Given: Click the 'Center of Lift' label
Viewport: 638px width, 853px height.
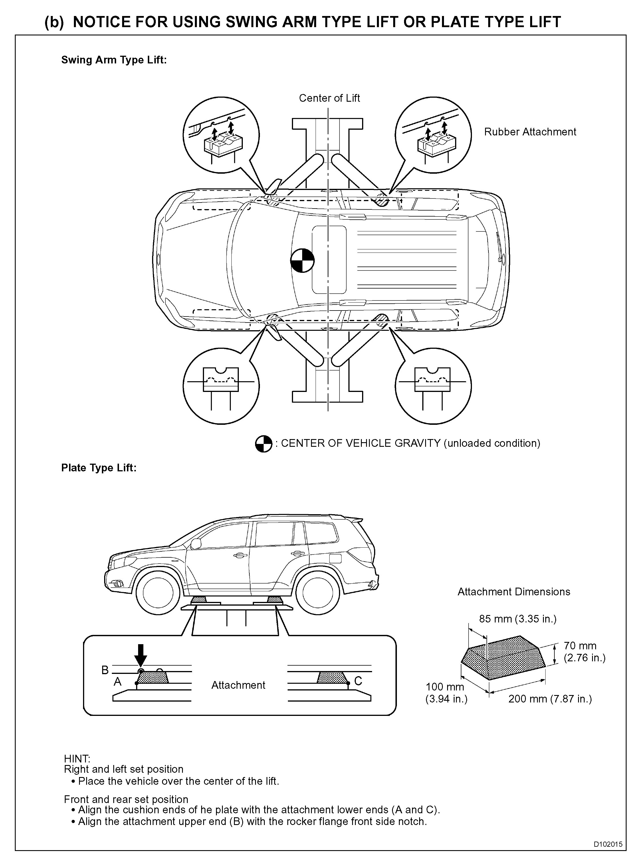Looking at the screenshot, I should pyautogui.click(x=329, y=98).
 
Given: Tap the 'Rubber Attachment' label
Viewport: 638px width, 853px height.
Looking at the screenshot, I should pyautogui.click(x=530, y=132).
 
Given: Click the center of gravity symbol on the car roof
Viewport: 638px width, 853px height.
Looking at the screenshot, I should pyautogui.click(x=302, y=261).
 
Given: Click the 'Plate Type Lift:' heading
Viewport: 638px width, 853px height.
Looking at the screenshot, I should pyautogui.click(x=99, y=468).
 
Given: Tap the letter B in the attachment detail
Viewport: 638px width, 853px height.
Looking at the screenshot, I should pyautogui.click(x=105, y=670).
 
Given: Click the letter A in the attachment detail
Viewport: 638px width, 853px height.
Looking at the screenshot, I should pyautogui.click(x=118, y=682).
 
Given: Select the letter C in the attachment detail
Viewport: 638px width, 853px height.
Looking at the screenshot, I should pyautogui.click(x=358, y=681).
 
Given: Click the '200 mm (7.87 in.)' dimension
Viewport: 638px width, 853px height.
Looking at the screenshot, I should pyautogui.click(x=550, y=699).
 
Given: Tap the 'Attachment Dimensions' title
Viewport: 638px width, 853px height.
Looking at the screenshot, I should pyautogui.click(x=514, y=592).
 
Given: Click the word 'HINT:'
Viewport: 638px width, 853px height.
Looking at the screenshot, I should pyautogui.click(x=77, y=759).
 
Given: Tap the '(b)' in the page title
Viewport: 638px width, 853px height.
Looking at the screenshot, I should pyautogui.click(x=54, y=22).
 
